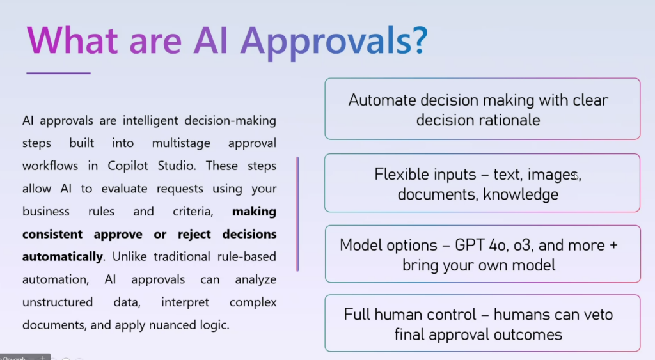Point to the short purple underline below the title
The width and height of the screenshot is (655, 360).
click(x=58, y=73)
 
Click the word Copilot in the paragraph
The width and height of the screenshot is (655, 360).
click(x=128, y=166)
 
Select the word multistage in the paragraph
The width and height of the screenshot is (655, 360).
click(x=181, y=143)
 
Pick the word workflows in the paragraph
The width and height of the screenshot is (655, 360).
click(x=50, y=166)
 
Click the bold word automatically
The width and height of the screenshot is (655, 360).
click(x=62, y=256)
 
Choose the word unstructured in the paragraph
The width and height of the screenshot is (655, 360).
click(x=58, y=302)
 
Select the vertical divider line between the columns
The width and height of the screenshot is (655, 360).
click(x=297, y=214)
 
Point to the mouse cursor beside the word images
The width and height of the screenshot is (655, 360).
click(x=576, y=176)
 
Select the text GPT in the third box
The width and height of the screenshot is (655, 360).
click(x=470, y=245)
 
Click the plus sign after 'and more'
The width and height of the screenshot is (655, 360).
click(x=613, y=246)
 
